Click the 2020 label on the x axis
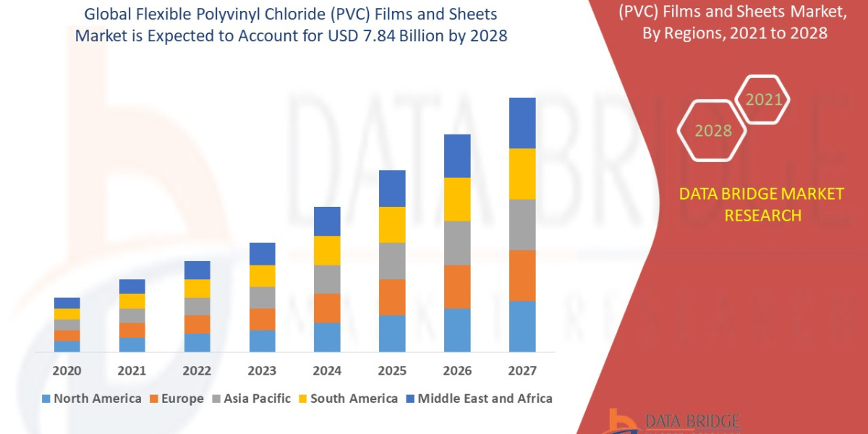click(x=67, y=371)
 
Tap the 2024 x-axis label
click(x=327, y=371)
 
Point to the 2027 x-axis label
click(x=522, y=371)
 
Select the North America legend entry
click(x=92, y=399)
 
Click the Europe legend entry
click(x=177, y=399)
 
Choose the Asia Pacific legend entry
click(x=251, y=399)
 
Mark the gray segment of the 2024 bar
click(x=327, y=279)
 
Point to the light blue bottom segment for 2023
click(x=262, y=341)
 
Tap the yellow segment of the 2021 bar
click(x=132, y=301)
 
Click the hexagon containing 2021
click(x=762, y=100)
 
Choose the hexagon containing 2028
click(x=712, y=131)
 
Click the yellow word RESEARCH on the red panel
click(x=762, y=216)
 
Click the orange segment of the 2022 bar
click(x=197, y=325)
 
